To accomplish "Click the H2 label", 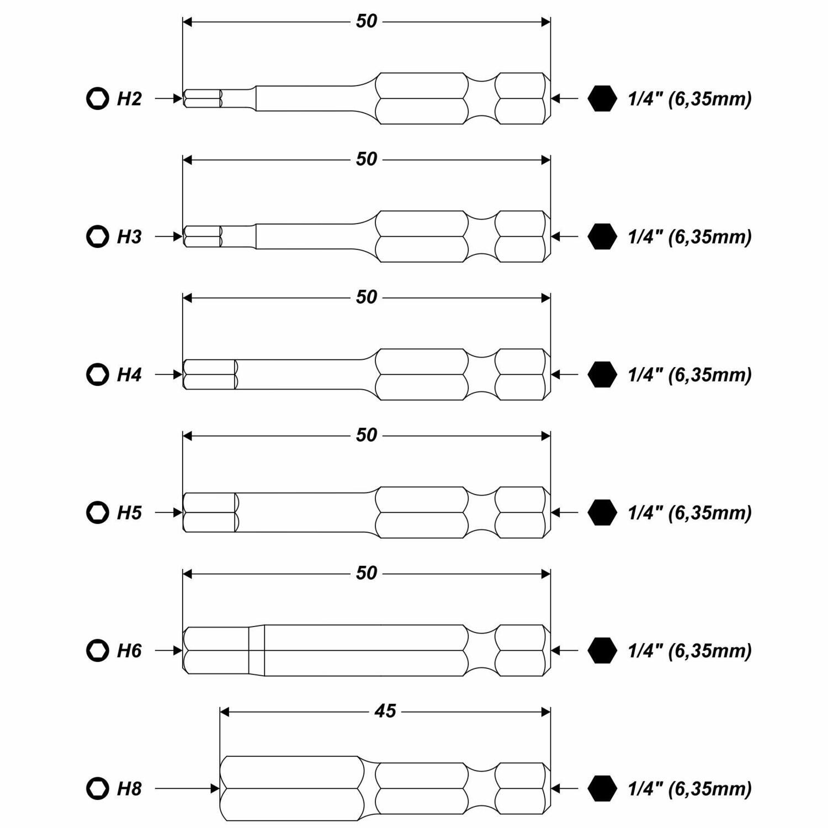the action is (x=129, y=99).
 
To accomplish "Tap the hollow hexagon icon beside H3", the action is (x=98, y=236).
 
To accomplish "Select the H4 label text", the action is (x=129, y=375).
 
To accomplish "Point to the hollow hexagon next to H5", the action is (x=98, y=512).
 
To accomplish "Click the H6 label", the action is (x=129, y=651).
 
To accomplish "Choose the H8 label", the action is (x=129, y=789).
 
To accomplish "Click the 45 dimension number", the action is (x=385, y=711).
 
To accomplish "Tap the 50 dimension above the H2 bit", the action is (x=367, y=21).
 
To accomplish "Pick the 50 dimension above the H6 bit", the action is (x=367, y=573).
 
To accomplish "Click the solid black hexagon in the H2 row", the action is (x=602, y=99).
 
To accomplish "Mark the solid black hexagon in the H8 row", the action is (x=602, y=788).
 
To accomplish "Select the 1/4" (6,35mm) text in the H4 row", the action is (x=689, y=375).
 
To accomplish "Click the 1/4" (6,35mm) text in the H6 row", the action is (x=689, y=651).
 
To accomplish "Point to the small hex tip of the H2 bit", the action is (x=203, y=99).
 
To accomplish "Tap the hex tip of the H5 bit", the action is (x=210, y=512).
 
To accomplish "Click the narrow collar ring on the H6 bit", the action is (x=256, y=650).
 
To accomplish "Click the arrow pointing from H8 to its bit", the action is (x=187, y=788).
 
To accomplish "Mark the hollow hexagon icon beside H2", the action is (x=98, y=99).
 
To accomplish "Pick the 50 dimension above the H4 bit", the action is (x=367, y=297).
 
